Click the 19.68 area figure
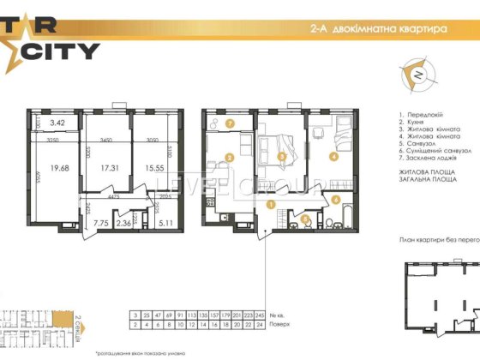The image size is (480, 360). (59, 169)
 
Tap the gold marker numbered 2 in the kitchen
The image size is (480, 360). (229, 157)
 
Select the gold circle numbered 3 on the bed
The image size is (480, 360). (282, 156)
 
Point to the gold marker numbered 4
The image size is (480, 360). (333, 156)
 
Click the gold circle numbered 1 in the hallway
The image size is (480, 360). (271, 205)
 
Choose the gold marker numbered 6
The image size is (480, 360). (336, 200)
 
